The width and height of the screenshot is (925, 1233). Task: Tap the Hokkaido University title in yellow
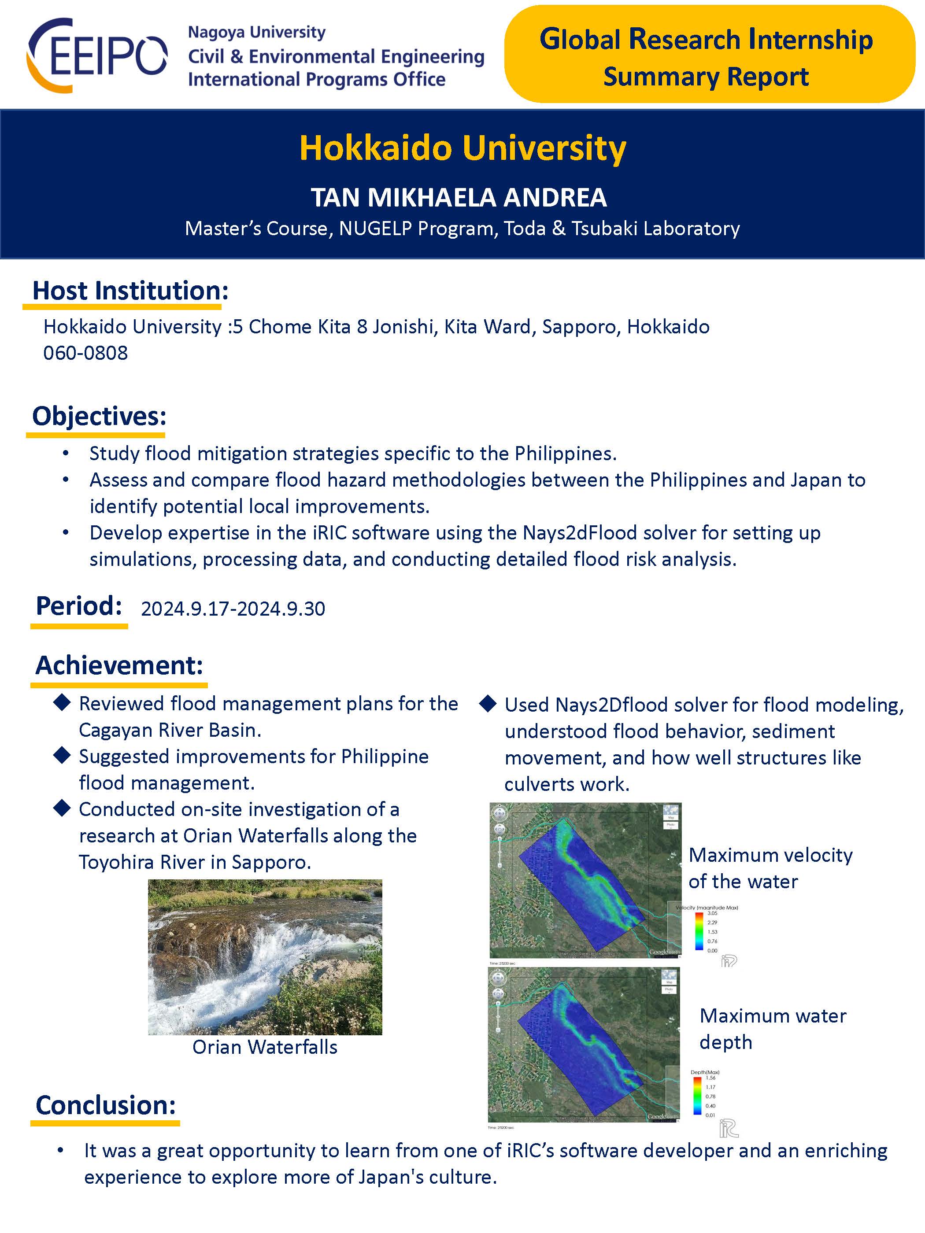point(462,148)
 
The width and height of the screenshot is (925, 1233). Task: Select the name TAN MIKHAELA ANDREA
point(459,197)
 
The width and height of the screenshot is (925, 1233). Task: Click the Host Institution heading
point(130,290)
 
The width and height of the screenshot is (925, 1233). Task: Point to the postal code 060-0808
point(85,353)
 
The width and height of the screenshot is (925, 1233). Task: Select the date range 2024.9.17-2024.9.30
point(233,609)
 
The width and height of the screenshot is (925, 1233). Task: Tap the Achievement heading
point(119,665)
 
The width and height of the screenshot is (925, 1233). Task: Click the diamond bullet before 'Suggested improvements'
point(62,756)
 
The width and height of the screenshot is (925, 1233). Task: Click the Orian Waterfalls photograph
point(265,956)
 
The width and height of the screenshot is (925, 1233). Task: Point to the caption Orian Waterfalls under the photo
point(265,1047)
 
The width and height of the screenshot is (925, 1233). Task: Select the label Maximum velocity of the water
point(770,868)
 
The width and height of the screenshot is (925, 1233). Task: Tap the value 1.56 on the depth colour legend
point(710,1078)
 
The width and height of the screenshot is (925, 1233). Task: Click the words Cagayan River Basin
point(170,730)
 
